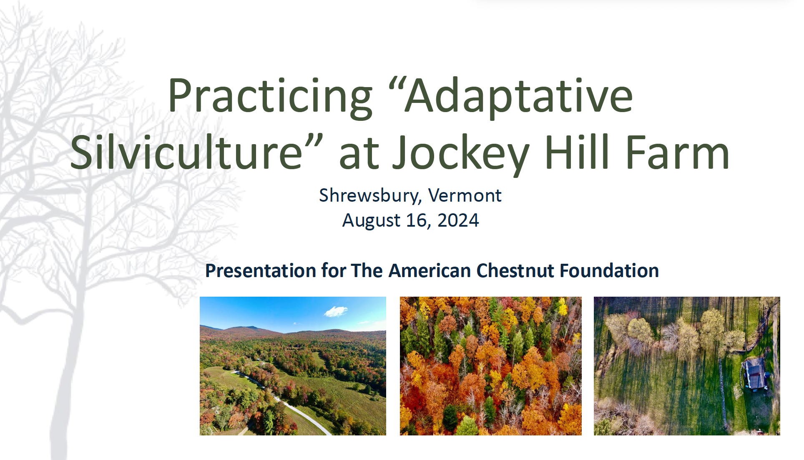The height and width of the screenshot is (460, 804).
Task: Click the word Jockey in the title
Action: click(462, 155)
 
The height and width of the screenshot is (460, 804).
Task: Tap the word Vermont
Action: click(465, 195)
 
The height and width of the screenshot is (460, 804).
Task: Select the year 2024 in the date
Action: click(458, 220)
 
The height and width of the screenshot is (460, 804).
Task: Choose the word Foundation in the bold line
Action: click(609, 270)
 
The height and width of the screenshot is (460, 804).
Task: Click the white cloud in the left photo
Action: click(336, 311)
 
